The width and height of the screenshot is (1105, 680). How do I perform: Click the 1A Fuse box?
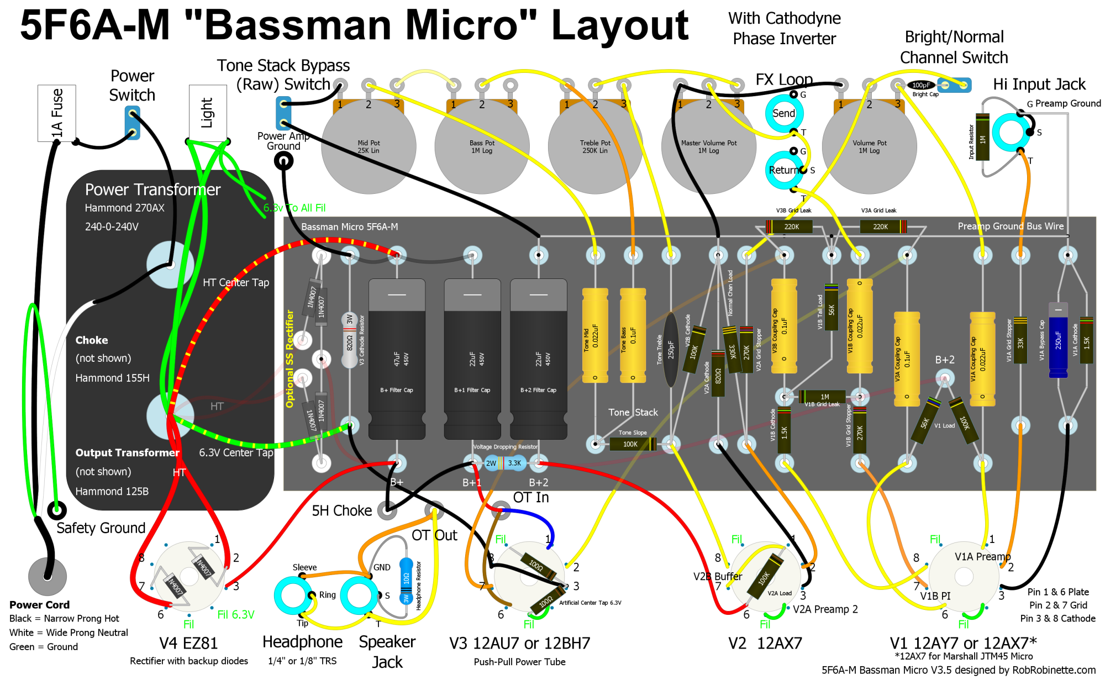click(56, 113)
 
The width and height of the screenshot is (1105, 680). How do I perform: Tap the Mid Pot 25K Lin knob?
click(369, 147)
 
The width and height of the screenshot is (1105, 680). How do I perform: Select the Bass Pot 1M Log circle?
click(482, 147)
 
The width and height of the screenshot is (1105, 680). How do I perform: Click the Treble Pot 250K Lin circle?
click(595, 147)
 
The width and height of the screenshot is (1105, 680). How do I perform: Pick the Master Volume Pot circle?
click(708, 147)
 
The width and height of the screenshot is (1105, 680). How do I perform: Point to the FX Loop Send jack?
click(784, 114)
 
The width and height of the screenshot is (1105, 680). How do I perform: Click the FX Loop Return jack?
click(784, 170)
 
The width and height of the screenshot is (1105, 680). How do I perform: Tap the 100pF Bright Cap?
click(920, 85)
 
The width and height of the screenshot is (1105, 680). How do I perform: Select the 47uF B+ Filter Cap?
click(397, 359)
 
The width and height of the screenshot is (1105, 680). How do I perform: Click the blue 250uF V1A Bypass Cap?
click(1058, 340)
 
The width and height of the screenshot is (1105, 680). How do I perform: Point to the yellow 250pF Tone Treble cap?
click(671, 350)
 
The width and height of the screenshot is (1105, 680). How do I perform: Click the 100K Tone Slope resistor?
click(632, 444)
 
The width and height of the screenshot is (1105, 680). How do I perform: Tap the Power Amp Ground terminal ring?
click(283, 161)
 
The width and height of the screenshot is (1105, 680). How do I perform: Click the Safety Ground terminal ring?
click(56, 510)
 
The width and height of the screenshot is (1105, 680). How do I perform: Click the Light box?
click(208, 113)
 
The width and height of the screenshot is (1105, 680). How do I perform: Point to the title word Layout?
click(619, 25)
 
